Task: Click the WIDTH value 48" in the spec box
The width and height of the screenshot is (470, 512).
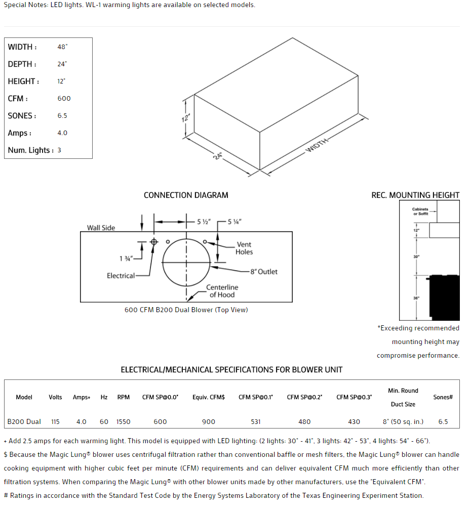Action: click(62, 47)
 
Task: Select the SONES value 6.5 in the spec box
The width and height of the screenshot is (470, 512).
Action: click(62, 116)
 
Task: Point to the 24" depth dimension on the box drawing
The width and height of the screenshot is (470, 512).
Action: click(218, 156)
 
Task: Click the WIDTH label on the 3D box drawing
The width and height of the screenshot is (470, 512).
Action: click(317, 145)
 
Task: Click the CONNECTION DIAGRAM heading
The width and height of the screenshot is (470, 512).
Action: click(186, 195)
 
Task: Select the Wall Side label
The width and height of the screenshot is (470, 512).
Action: click(101, 228)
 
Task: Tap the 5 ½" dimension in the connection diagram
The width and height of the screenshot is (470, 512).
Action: click(203, 222)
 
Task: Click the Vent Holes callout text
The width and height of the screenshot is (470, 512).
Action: click(244, 248)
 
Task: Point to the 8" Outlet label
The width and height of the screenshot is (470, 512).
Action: click(264, 272)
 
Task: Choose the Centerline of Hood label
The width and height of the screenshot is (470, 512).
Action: click(222, 291)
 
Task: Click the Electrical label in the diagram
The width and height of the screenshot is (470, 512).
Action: click(121, 276)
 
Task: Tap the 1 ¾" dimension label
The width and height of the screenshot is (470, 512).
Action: click(126, 259)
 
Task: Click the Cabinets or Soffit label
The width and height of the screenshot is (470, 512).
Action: click(420, 211)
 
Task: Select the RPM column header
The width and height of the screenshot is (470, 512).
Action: click(124, 397)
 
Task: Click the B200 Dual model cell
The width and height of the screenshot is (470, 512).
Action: click(24, 421)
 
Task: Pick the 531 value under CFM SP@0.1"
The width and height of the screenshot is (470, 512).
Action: click(256, 421)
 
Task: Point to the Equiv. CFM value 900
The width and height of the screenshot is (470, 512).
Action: click(208, 421)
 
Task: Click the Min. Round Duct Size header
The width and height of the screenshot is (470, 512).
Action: click(403, 397)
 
